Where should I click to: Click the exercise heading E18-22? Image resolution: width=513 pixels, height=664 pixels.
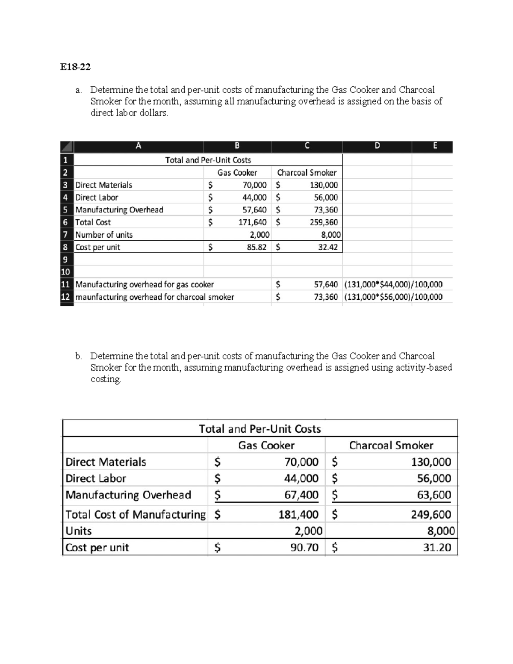click(x=75, y=67)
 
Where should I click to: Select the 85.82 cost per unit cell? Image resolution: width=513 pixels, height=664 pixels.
click(x=256, y=247)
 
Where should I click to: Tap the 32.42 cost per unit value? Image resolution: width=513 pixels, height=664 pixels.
click(x=327, y=247)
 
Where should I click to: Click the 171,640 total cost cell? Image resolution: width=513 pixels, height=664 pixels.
click(x=252, y=222)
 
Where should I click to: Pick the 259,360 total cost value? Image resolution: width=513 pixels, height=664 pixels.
click(x=324, y=222)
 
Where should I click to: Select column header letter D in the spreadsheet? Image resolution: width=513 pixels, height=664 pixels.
click(x=377, y=146)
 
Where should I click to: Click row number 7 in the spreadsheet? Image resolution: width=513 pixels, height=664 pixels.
click(x=65, y=235)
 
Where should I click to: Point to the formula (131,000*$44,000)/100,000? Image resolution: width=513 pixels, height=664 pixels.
click(x=393, y=285)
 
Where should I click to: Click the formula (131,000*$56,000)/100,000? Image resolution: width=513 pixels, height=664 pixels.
click(x=393, y=297)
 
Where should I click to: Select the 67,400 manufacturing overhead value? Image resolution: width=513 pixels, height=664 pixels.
click(x=301, y=495)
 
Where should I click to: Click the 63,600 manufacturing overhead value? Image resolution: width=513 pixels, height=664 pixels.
click(x=434, y=495)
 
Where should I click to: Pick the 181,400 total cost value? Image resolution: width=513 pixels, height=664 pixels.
click(x=298, y=514)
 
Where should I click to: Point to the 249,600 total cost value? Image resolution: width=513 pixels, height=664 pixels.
click(x=431, y=514)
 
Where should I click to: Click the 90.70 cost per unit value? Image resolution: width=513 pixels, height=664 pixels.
click(x=304, y=548)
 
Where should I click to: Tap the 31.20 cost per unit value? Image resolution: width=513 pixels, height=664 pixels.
click(x=437, y=548)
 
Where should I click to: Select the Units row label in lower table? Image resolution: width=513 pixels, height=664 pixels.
click(x=79, y=531)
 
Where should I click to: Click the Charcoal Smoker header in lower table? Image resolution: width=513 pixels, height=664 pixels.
click(x=391, y=446)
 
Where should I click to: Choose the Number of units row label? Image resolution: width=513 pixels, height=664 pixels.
click(x=104, y=235)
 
